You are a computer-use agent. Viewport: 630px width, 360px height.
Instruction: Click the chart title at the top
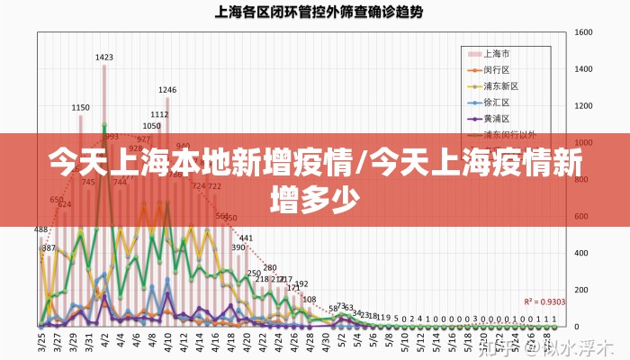click(x=319, y=13)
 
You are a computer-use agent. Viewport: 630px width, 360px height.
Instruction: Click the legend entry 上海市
click(x=497, y=53)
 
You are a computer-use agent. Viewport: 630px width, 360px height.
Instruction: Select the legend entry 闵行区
click(x=497, y=69)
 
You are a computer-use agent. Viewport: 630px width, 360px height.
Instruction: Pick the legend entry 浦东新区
click(x=501, y=85)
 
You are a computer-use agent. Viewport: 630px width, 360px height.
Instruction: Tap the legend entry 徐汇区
click(x=497, y=102)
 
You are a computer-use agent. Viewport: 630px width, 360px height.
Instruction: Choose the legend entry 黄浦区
click(x=497, y=118)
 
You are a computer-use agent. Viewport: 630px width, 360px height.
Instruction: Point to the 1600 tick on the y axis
click(x=583, y=32)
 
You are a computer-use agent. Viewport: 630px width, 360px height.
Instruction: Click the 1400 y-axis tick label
click(x=583, y=69)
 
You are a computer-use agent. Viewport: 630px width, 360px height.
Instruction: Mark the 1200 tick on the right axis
click(x=583, y=106)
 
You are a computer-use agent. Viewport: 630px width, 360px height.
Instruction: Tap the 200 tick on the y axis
click(x=580, y=289)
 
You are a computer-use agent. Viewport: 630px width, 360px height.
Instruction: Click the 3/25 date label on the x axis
click(x=41, y=342)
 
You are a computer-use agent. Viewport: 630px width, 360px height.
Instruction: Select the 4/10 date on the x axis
click(x=167, y=342)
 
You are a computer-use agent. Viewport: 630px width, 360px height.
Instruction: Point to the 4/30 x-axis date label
click(x=324, y=342)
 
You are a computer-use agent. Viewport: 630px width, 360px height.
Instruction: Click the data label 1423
click(x=104, y=58)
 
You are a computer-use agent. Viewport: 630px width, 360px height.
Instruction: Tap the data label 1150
click(x=81, y=108)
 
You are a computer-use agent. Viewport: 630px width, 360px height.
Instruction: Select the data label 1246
click(x=167, y=90)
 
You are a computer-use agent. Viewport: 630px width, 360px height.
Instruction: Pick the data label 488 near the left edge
click(x=41, y=230)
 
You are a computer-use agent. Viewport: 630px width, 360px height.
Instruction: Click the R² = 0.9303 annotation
click(x=544, y=301)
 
